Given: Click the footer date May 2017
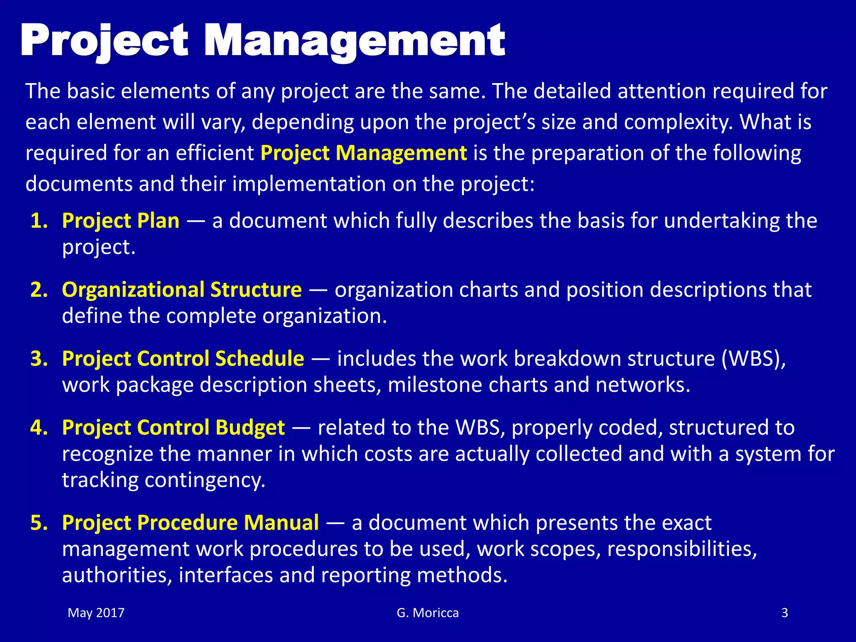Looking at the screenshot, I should coord(96,613).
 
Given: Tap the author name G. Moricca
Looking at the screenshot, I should coord(428,613).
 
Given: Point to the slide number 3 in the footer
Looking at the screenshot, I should coord(785,613).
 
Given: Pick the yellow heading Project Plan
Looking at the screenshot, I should coord(121,221).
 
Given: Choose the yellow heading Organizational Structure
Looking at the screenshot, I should coord(182,290).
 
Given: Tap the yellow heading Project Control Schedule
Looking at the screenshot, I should coord(183,359).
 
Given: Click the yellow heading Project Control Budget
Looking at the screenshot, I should coord(173,428).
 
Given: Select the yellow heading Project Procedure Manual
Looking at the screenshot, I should coord(191,522).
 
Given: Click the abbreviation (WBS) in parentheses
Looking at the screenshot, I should coord(754,359).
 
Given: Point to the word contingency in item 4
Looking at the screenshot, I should coord(205,480).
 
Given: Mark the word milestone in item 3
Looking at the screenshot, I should coord(435,385).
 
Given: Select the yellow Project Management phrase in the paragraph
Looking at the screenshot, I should coord(364,153).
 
